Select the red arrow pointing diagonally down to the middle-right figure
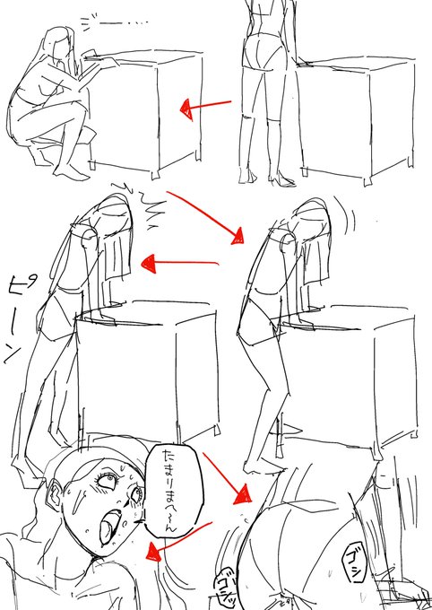click(x=210, y=214)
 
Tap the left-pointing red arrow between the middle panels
click(x=179, y=264)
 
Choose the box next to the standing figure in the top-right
click(x=359, y=117)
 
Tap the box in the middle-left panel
click(x=148, y=368)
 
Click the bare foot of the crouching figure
click(x=73, y=170)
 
